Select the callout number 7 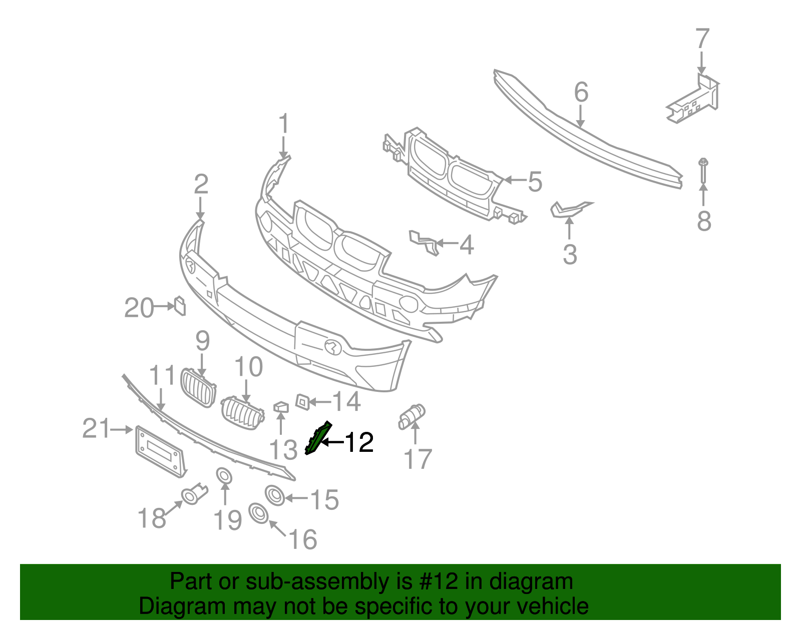[702, 39]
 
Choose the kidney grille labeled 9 [198, 388]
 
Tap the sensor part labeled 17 [412, 416]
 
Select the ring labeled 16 [258, 513]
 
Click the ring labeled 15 [275, 495]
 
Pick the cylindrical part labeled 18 [194, 494]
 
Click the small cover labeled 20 [180, 306]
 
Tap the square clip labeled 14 [302, 401]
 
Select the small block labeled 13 [281, 407]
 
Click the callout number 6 [581, 93]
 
